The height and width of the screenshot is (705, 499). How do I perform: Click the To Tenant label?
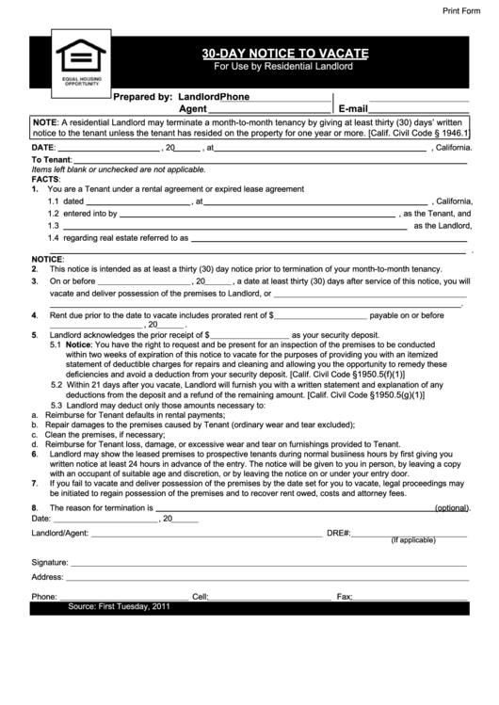[52, 160]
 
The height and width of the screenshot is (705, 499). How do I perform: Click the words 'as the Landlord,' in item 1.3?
[441, 226]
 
